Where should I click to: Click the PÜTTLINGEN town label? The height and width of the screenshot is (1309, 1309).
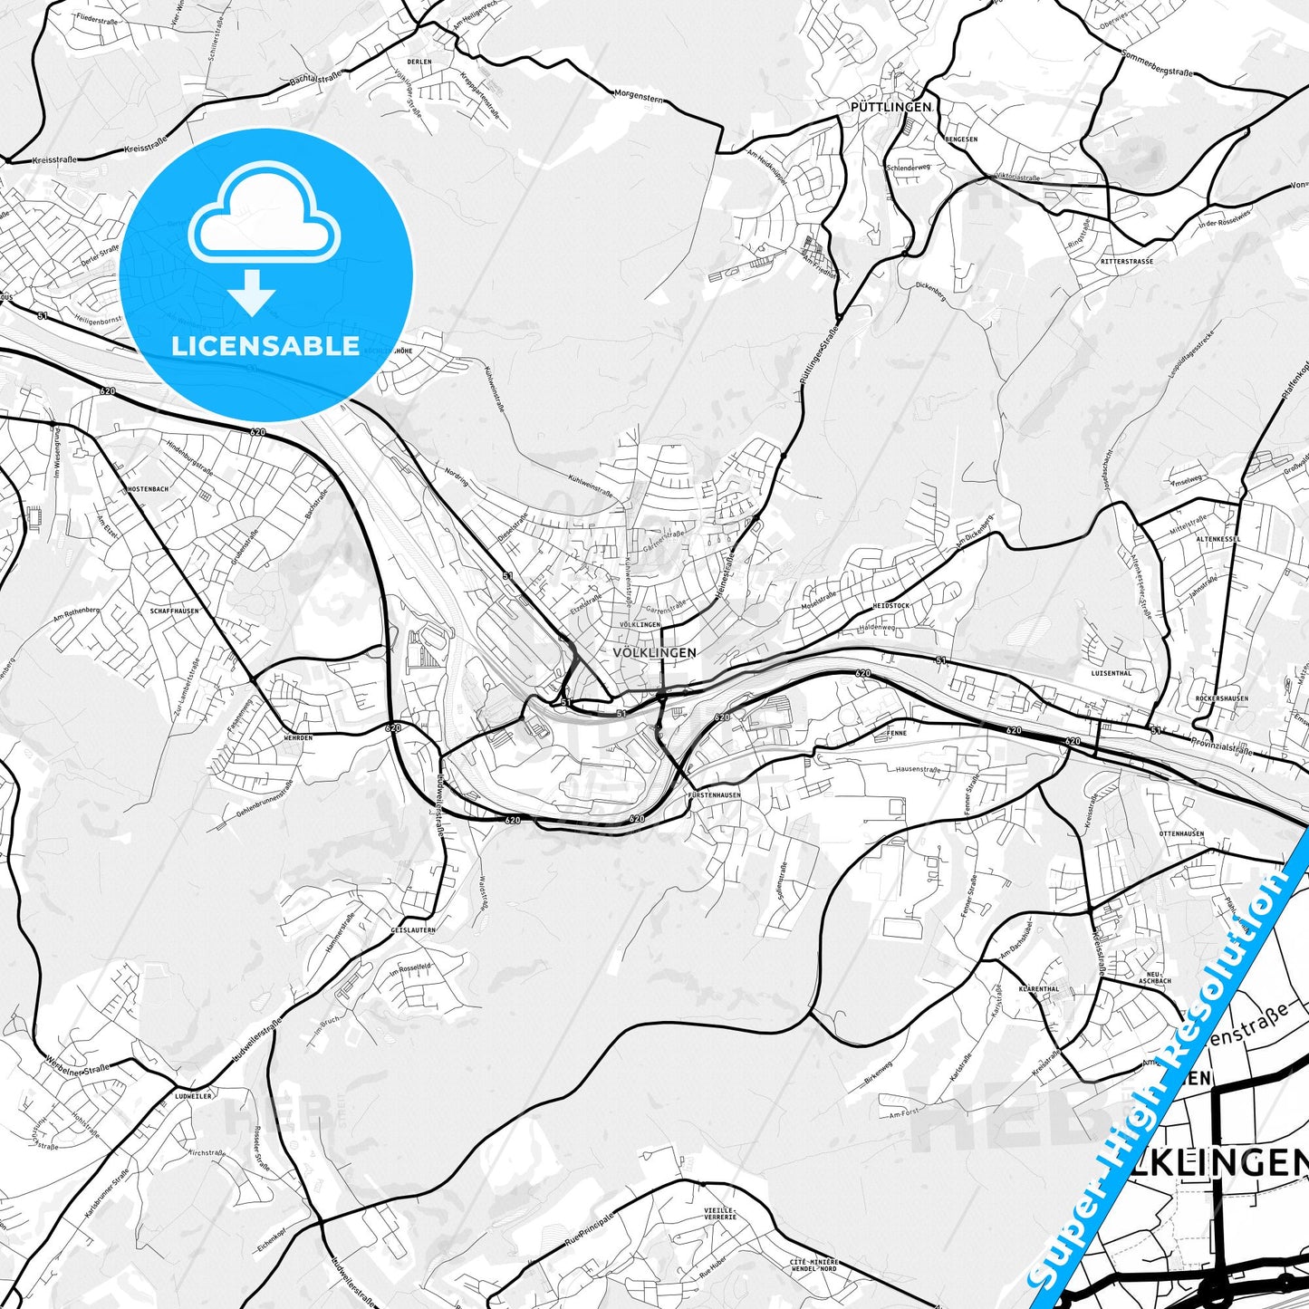tap(890, 107)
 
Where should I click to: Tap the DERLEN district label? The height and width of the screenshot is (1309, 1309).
tap(419, 62)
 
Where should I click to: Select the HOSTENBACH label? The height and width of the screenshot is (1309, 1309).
tap(147, 489)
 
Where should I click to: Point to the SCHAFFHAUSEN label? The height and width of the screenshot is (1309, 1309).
tap(174, 611)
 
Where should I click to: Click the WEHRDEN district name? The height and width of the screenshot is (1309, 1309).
tap(297, 737)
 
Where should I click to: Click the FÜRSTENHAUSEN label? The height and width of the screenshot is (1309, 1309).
tap(715, 795)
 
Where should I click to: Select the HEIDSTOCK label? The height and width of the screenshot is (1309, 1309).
tap(890, 604)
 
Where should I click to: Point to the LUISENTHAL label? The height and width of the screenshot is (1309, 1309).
tap(1112, 674)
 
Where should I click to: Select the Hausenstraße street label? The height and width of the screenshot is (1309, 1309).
tap(919, 770)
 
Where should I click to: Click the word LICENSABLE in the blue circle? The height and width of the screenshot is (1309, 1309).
tap(265, 346)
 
